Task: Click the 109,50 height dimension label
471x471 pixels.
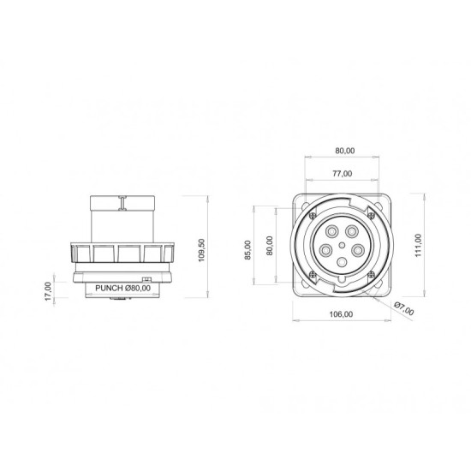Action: [201, 250]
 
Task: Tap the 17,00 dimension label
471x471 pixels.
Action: [48, 291]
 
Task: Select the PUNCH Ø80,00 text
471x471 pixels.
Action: [122, 288]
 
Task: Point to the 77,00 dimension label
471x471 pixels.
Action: [343, 174]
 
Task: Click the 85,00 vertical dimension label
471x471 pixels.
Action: [247, 250]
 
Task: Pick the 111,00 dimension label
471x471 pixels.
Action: [419, 246]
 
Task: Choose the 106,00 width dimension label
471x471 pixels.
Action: [341, 314]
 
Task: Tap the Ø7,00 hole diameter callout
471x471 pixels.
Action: [404, 308]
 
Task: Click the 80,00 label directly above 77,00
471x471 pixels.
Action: [345, 151]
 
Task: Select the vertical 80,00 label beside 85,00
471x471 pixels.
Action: [270, 246]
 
